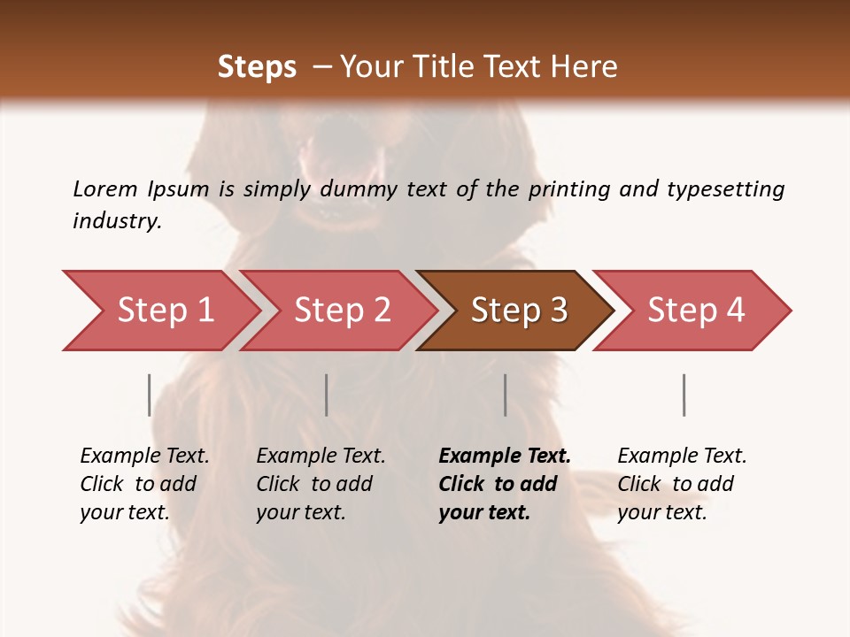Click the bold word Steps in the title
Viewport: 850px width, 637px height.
point(257,67)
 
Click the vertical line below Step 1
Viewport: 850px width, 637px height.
point(149,395)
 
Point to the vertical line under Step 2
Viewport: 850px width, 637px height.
point(326,395)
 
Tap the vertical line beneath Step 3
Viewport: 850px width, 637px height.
point(505,395)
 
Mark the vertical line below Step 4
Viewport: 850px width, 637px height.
point(684,395)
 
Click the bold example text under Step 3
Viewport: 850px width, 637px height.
point(504,484)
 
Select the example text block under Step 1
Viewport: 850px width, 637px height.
point(144,484)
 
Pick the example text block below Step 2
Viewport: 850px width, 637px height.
point(321,484)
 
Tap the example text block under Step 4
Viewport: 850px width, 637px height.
point(681,484)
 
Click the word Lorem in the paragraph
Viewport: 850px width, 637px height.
point(105,189)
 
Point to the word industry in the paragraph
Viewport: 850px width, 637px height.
point(117,221)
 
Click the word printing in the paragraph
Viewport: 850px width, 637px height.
point(570,189)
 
